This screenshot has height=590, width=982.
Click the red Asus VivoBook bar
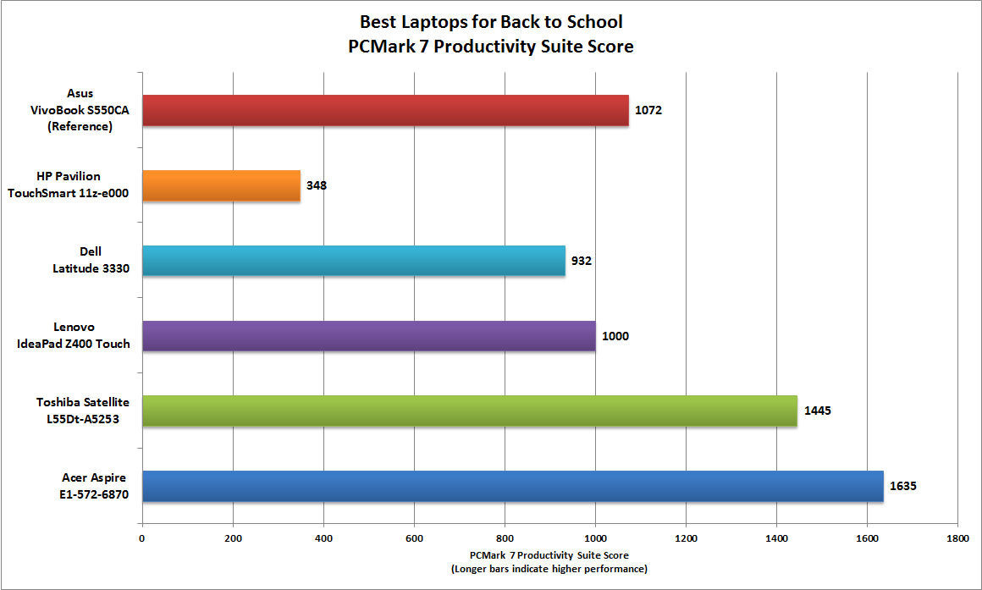coord(385,110)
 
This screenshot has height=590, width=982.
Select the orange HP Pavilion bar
coord(221,185)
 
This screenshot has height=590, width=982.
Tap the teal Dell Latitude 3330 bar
coord(353,260)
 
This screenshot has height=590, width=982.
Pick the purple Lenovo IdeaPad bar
coord(368,335)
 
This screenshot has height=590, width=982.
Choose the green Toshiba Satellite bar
coord(469,411)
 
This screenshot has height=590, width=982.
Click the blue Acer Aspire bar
coord(512,486)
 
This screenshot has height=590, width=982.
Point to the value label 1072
coord(649,110)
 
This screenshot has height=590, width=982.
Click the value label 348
coord(317,185)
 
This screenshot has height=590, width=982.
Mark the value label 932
coord(581,260)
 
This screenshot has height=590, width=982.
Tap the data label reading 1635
coord(903,486)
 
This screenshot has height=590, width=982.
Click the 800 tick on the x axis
coord(505,537)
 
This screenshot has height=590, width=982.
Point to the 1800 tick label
coord(957,537)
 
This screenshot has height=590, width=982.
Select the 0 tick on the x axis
coord(141,537)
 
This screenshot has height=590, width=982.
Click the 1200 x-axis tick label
coord(686,537)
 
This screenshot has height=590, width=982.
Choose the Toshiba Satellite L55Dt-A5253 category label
coord(82,411)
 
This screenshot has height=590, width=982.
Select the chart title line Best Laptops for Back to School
coord(492,21)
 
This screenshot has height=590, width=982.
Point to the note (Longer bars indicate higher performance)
coord(549,570)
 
